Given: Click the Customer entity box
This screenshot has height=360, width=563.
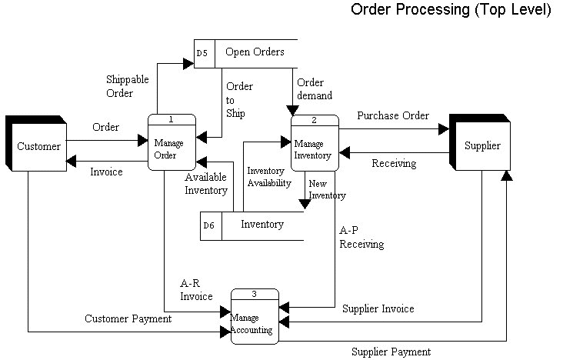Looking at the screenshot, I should click(x=38, y=146).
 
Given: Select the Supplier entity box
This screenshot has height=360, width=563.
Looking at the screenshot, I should click(x=482, y=145).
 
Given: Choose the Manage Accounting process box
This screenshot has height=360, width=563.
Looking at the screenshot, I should click(x=255, y=320).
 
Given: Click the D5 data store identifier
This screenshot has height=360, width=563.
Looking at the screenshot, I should click(x=202, y=53).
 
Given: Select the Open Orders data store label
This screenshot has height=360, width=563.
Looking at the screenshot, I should click(x=255, y=52).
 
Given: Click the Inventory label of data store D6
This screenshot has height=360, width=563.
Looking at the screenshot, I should click(x=262, y=225).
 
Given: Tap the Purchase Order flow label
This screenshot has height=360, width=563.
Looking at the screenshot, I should click(x=393, y=115).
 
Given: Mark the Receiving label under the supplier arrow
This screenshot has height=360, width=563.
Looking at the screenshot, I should click(x=394, y=163).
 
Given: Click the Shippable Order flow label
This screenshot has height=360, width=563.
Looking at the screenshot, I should click(x=128, y=86).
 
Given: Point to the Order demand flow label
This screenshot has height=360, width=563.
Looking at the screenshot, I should click(x=315, y=89).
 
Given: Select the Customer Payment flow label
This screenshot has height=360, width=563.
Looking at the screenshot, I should click(x=128, y=318).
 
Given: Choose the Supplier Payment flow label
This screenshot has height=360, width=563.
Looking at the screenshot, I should click(x=391, y=352).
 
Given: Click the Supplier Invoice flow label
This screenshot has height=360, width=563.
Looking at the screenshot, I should click(x=378, y=308).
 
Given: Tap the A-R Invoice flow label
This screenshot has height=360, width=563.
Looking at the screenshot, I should click(x=196, y=289).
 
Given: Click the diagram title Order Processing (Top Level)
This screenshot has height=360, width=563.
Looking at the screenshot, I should click(x=451, y=10).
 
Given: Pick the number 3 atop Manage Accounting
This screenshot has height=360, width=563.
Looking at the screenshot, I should click(x=254, y=295).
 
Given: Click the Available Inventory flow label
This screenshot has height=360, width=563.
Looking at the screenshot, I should click(x=206, y=183).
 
